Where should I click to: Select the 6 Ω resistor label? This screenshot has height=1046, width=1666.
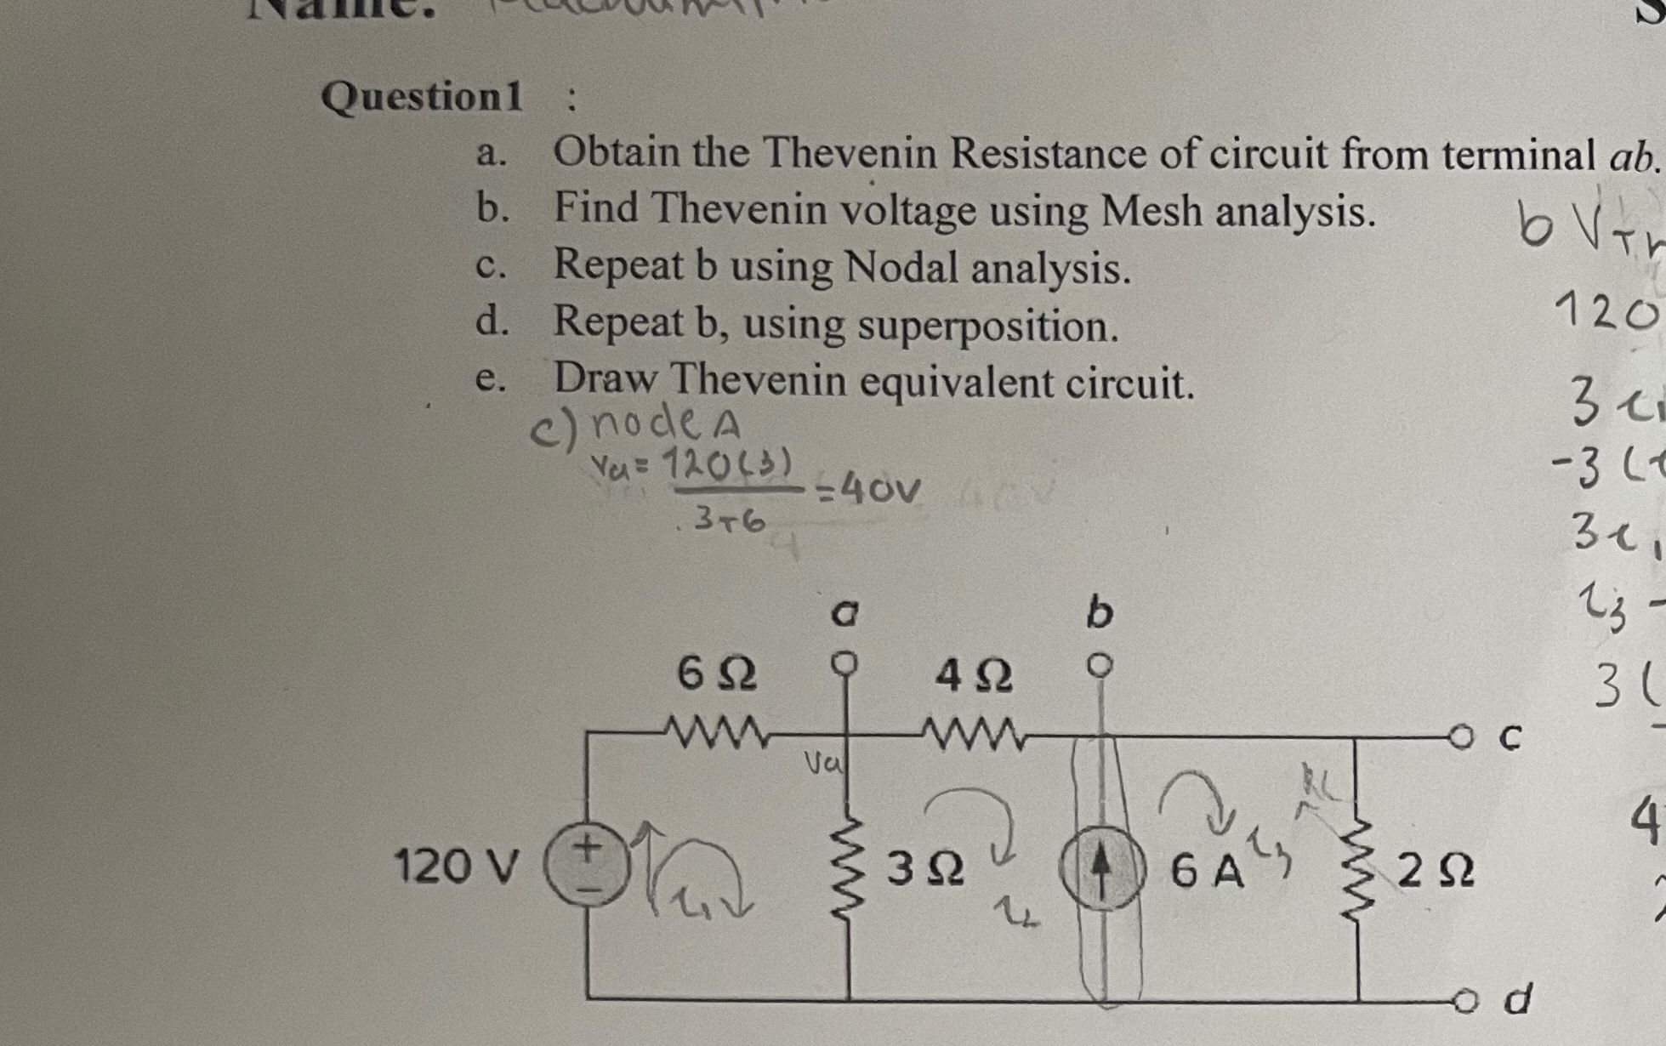[x=717, y=676]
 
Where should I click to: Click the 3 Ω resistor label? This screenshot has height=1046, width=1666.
[x=925, y=870]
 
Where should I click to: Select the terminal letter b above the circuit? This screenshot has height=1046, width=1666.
[x=1100, y=612]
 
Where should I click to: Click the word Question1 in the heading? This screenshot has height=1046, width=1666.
[x=422, y=96]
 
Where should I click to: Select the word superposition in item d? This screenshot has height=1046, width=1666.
[x=987, y=327]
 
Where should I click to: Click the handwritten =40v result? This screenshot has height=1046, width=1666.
[x=869, y=490]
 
